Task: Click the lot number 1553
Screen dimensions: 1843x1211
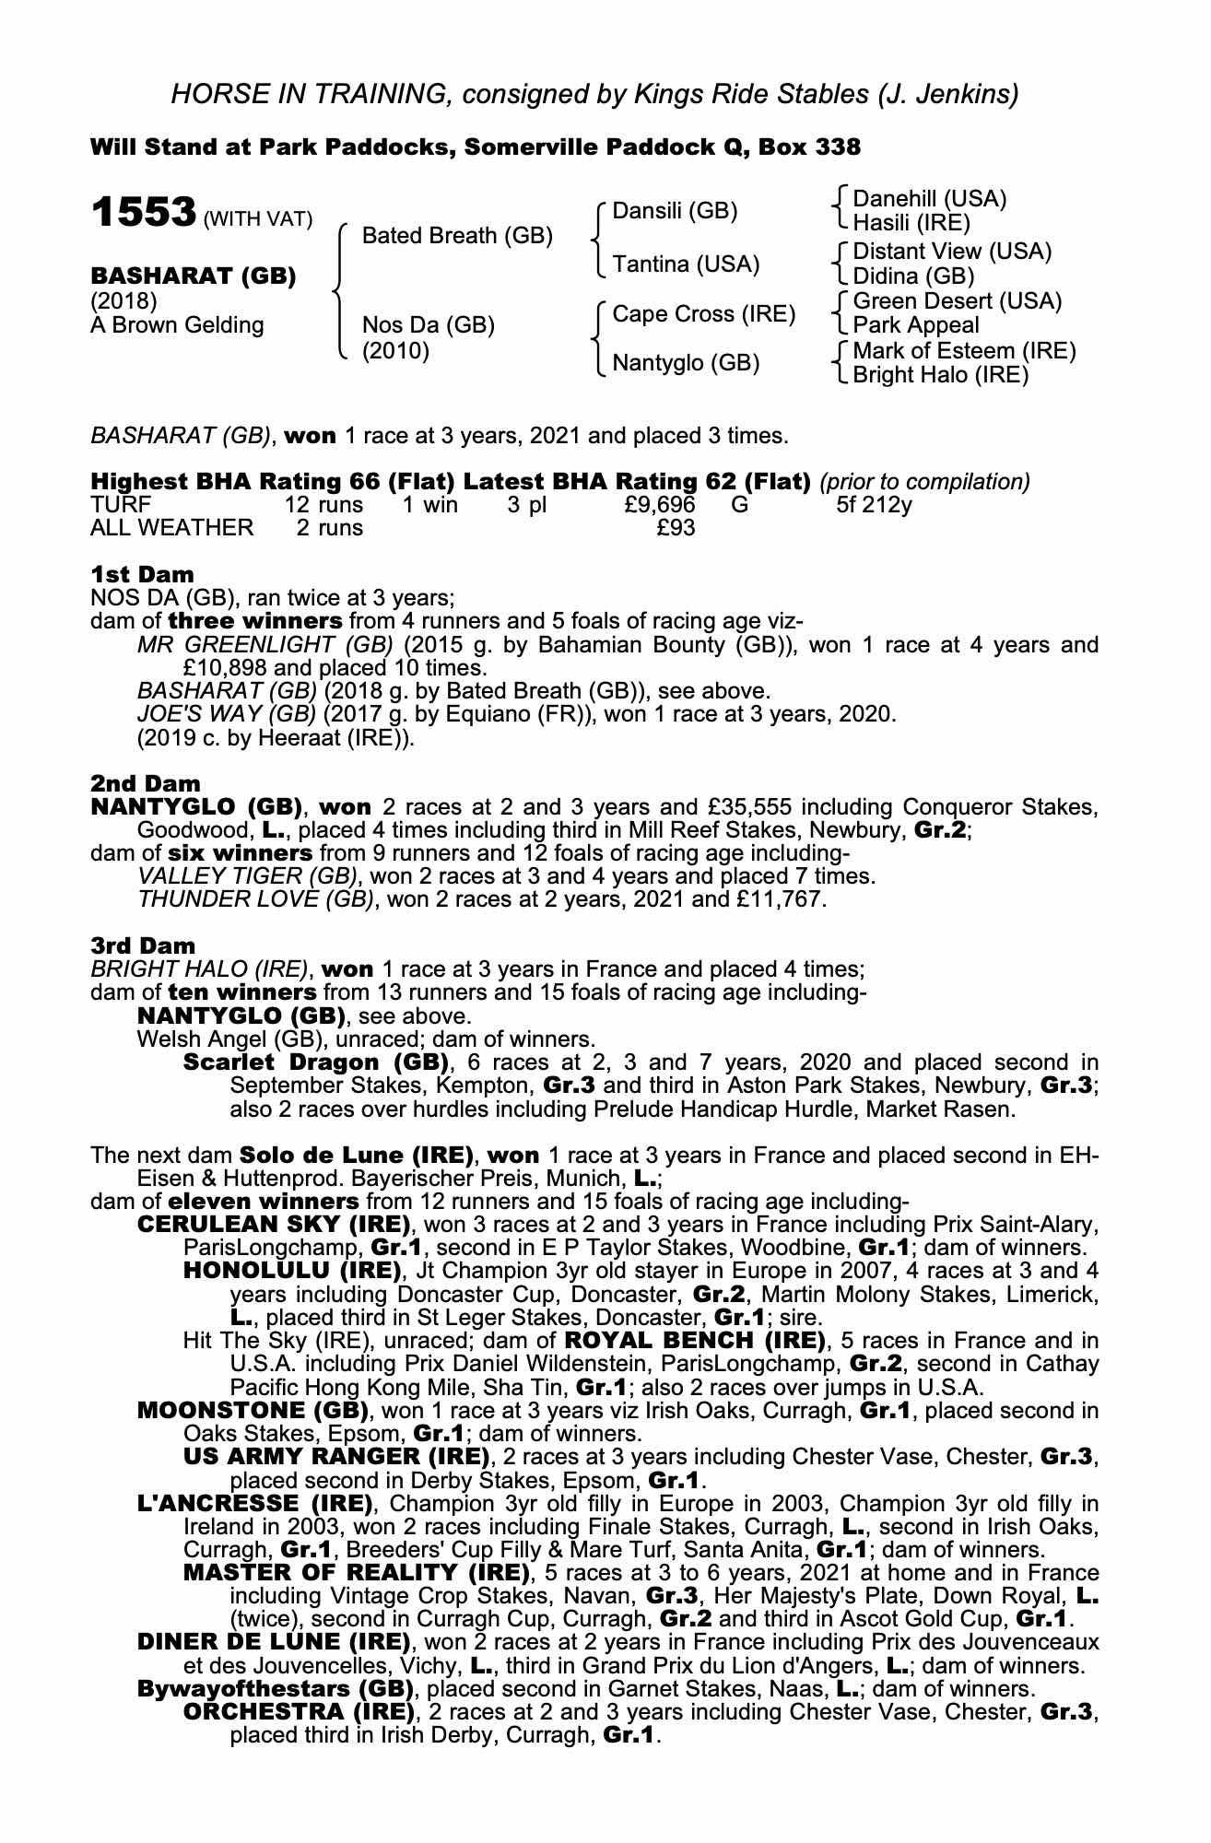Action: (142, 214)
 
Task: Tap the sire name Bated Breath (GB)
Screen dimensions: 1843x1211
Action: (457, 236)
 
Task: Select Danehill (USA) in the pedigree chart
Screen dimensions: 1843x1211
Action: (929, 199)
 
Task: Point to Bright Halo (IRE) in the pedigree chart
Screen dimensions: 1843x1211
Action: (940, 375)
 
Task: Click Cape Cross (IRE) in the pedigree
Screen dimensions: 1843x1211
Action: (703, 314)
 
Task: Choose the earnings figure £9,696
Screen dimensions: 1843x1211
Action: (660, 505)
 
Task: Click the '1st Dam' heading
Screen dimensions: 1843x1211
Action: (143, 574)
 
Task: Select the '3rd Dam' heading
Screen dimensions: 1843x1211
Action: (143, 945)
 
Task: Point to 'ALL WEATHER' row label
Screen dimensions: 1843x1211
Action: (171, 528)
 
